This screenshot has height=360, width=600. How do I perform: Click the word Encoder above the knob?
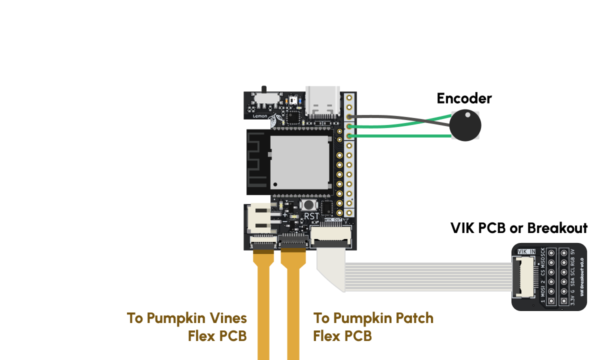(464, 98)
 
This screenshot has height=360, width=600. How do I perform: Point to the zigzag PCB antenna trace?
(257, 162)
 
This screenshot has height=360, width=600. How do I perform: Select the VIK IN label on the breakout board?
(526, 251)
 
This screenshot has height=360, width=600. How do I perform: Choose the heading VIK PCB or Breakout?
(518, 228)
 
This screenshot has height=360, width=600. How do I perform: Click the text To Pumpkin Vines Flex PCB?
(187, 326)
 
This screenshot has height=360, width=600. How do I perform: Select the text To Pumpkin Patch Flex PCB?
(373, 326)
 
